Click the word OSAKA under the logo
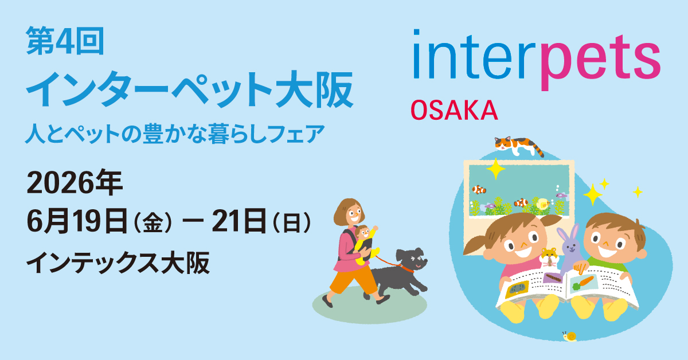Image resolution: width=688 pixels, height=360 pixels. pos(454,109)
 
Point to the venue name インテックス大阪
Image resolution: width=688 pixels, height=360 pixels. pos(118,263)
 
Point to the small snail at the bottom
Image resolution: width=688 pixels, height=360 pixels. pos(569,336)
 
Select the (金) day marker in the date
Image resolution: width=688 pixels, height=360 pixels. pos(153,222)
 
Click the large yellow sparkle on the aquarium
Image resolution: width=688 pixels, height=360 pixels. pos(495,170)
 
